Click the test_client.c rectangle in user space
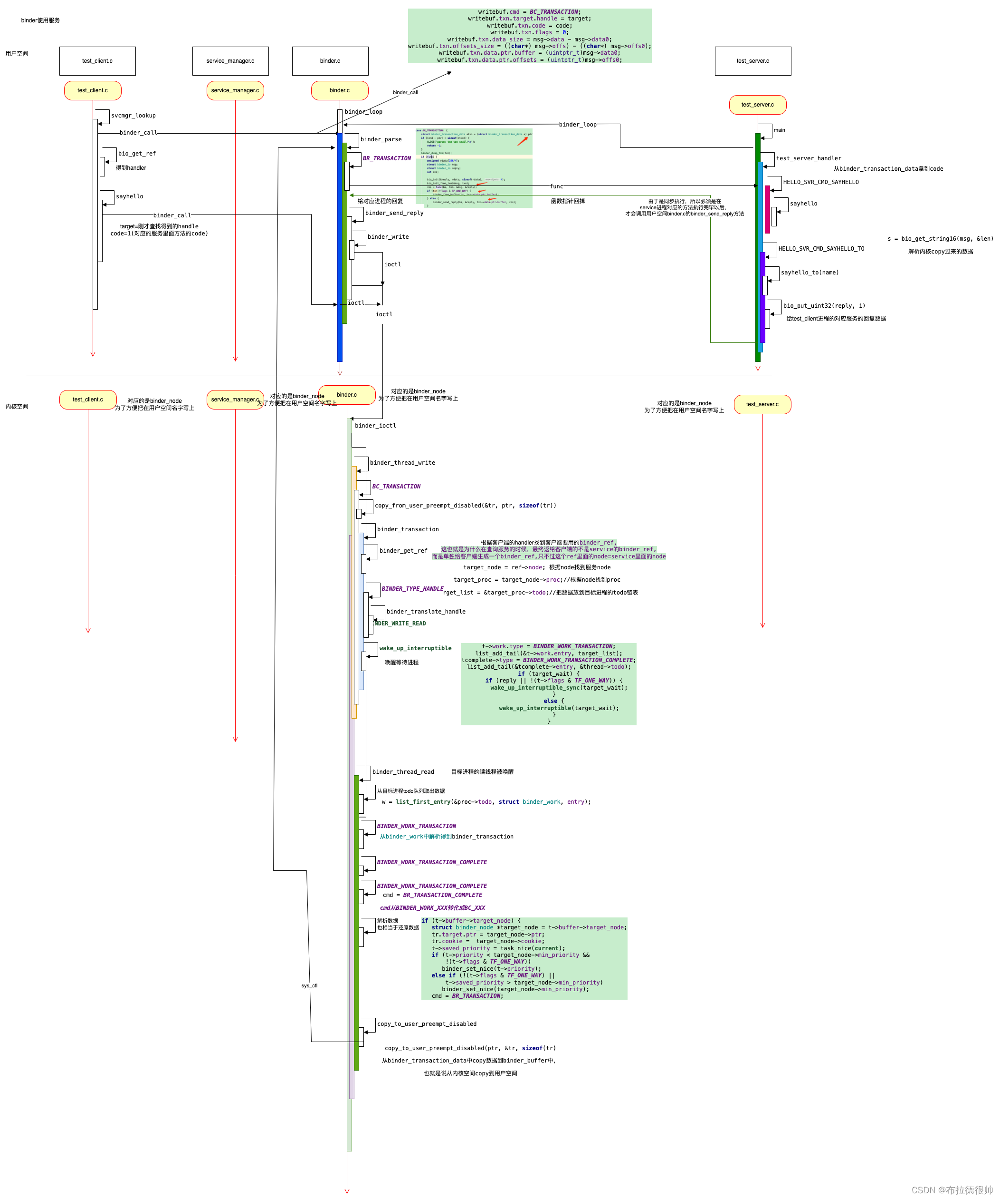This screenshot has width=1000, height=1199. click(x=97, y=61)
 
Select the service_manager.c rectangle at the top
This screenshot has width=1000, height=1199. click(x=230, y=61)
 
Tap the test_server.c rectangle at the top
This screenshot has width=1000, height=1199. click(x=752, y=61)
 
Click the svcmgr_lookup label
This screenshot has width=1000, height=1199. click(x=133, y=115)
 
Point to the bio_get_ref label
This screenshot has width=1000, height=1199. click(x=136, y=154)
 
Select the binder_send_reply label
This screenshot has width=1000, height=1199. click(x=394, y=213)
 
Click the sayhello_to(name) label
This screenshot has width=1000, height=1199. click(x=809, y=273)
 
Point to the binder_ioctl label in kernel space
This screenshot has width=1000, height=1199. click(x=375, y=425)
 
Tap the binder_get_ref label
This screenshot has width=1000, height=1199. click(x=403, y=550)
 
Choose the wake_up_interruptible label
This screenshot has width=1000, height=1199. click(x=415, y=648)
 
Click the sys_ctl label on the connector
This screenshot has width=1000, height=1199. click(x=309, y=985)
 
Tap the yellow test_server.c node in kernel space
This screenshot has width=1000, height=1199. click(x=762, y=404)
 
